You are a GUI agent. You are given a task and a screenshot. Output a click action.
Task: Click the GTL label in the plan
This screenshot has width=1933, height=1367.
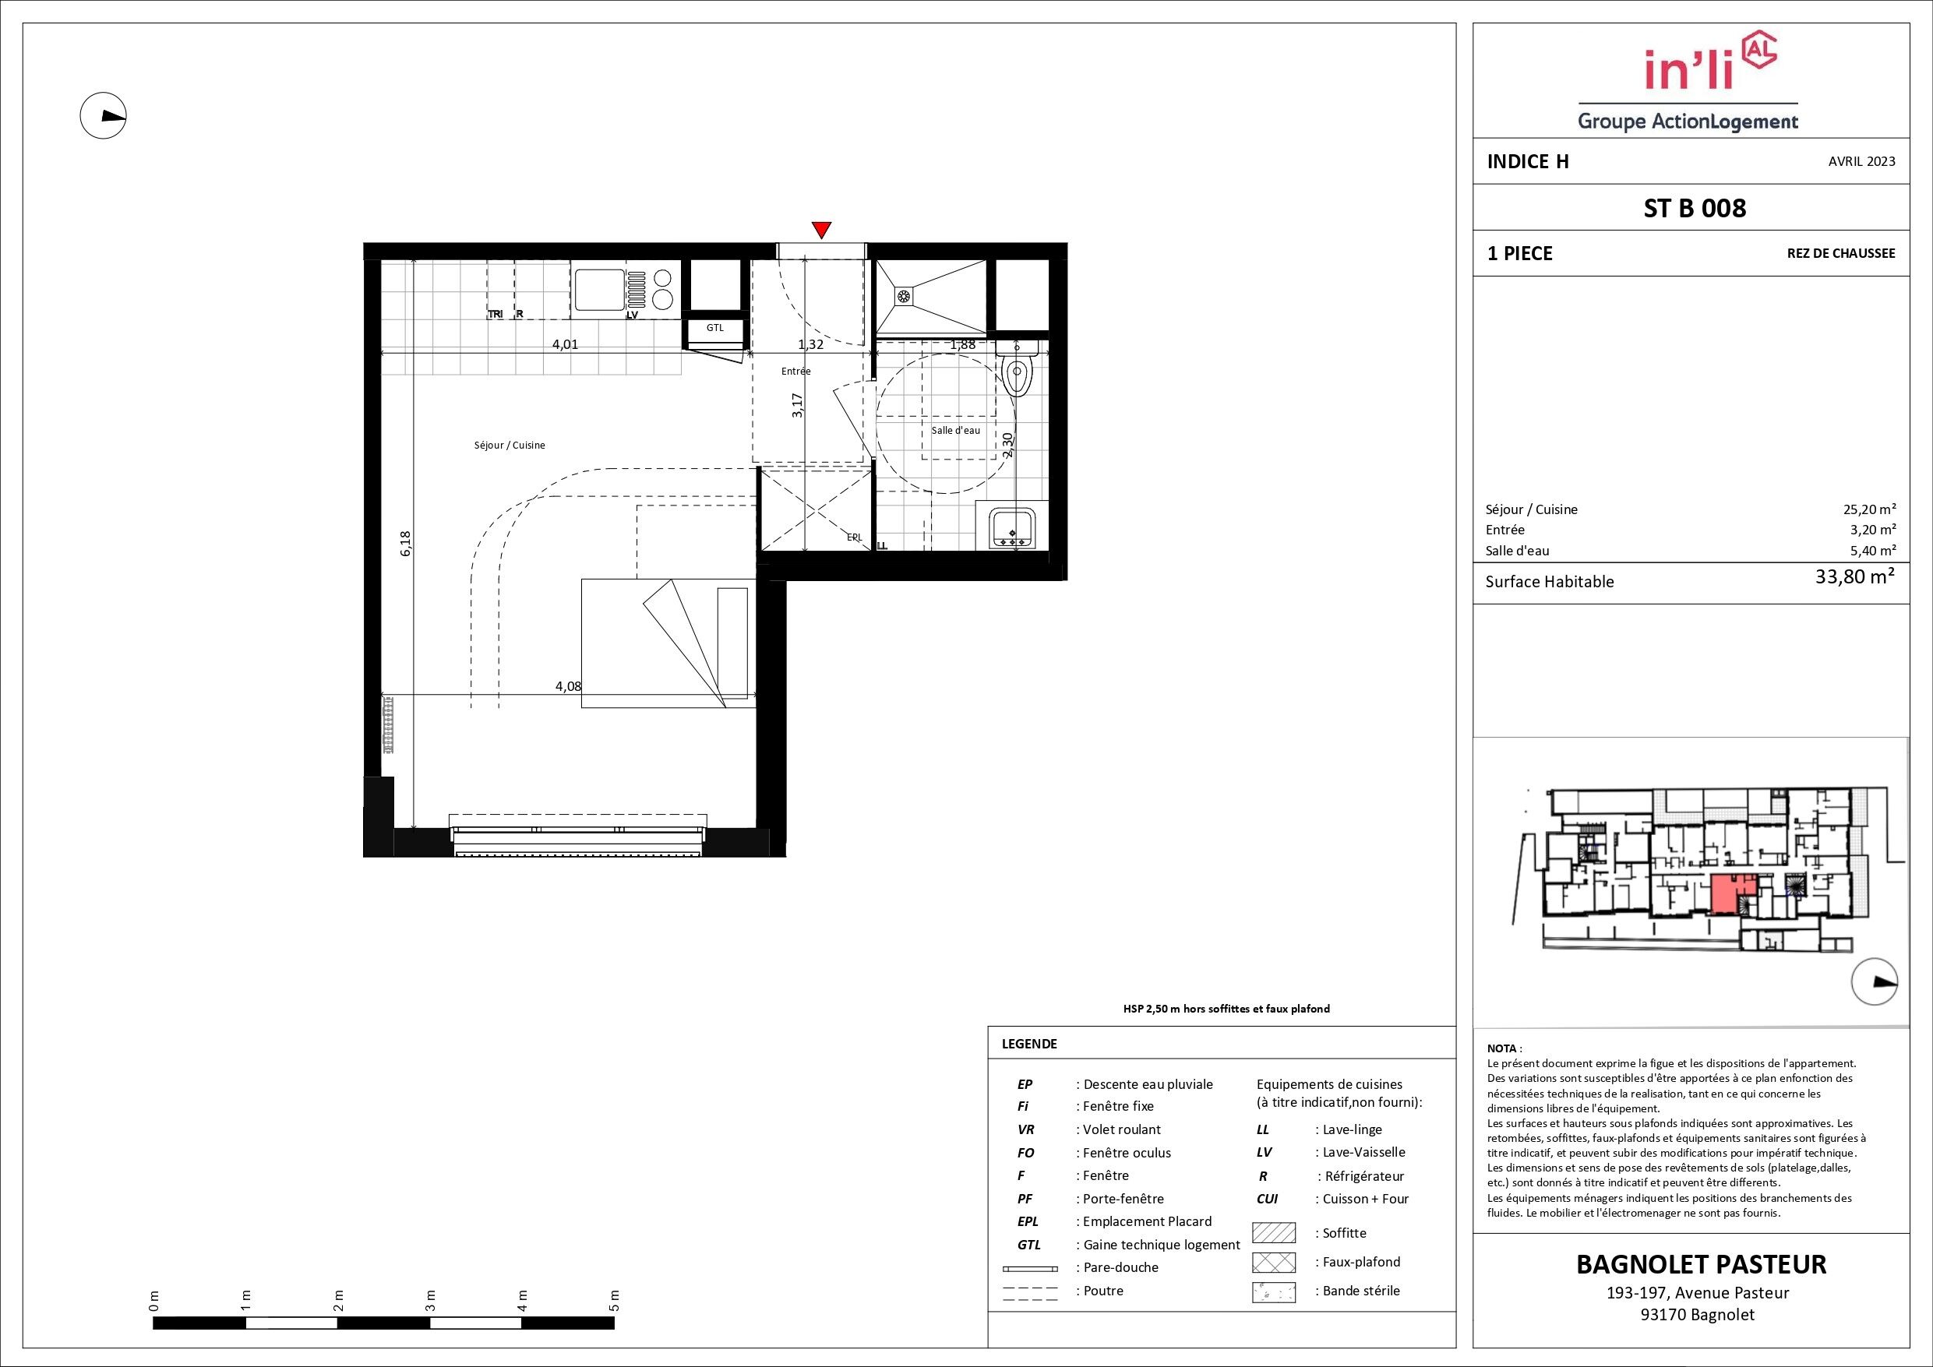point(714,328)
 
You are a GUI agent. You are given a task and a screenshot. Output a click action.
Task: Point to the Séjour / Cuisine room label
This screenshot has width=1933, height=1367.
point(510,446)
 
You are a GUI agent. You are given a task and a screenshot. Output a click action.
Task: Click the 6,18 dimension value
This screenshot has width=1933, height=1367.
point(406,543)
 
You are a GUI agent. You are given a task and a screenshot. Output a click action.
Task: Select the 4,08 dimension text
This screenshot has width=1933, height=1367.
point(568,686)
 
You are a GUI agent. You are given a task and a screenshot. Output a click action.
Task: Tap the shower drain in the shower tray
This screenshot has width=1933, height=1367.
point(905,295)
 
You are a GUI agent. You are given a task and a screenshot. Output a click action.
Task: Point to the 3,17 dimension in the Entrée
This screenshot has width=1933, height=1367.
point(797,406)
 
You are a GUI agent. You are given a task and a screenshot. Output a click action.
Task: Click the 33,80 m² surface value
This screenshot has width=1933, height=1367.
point(1855,578)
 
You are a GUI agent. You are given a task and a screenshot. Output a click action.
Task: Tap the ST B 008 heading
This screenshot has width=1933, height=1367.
point(1695,208)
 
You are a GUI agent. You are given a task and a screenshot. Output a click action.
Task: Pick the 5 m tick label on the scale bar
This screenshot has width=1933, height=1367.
point(614,1301)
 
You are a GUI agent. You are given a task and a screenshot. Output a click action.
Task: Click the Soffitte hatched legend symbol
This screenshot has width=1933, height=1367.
point(1274,1233)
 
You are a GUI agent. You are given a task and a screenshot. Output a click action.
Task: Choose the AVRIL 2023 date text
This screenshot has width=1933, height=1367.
point(1862,161)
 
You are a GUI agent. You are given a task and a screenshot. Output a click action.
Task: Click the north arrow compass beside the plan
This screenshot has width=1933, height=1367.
point(103,116)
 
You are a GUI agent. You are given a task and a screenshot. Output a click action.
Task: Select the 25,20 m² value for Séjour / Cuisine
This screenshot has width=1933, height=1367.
point(1868,509)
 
